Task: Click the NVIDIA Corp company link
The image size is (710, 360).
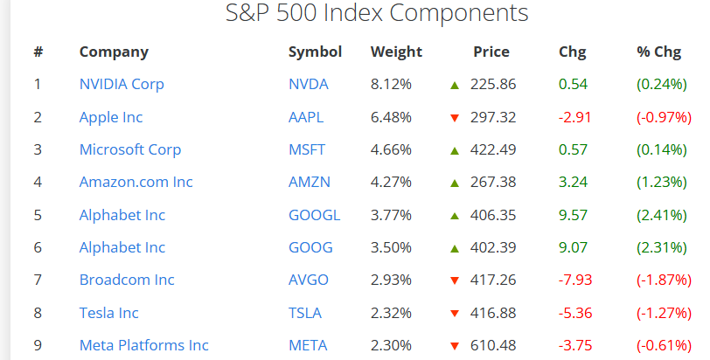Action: (122, 85)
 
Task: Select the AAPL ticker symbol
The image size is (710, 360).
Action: (306, 117)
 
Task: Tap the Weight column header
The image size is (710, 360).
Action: (396, 52)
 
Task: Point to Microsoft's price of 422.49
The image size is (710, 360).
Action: (493, 149)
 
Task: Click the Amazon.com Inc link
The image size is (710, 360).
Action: (136, 182)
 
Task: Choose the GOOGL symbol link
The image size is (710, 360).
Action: (314, 215)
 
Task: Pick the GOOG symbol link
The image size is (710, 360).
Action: (310, 247)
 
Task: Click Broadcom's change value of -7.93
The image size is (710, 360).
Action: (575, 280)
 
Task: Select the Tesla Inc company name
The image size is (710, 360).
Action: (108, 313)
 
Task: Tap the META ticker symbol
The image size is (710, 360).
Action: (308, 345)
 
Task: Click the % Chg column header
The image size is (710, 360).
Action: (658, 52)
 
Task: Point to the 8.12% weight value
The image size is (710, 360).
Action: (391, 84)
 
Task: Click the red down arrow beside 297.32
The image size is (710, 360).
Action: (455, 118)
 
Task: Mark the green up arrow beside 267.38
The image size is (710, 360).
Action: (455, 183)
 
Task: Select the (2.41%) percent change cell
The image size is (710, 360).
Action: (662, 215)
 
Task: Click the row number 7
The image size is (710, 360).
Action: (38, 280)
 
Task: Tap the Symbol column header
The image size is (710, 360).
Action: (315, 52)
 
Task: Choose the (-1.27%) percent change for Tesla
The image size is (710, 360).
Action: (665, 314)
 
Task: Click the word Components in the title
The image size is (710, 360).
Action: (459, 12)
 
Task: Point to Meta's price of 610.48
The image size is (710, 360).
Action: (493, 345)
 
